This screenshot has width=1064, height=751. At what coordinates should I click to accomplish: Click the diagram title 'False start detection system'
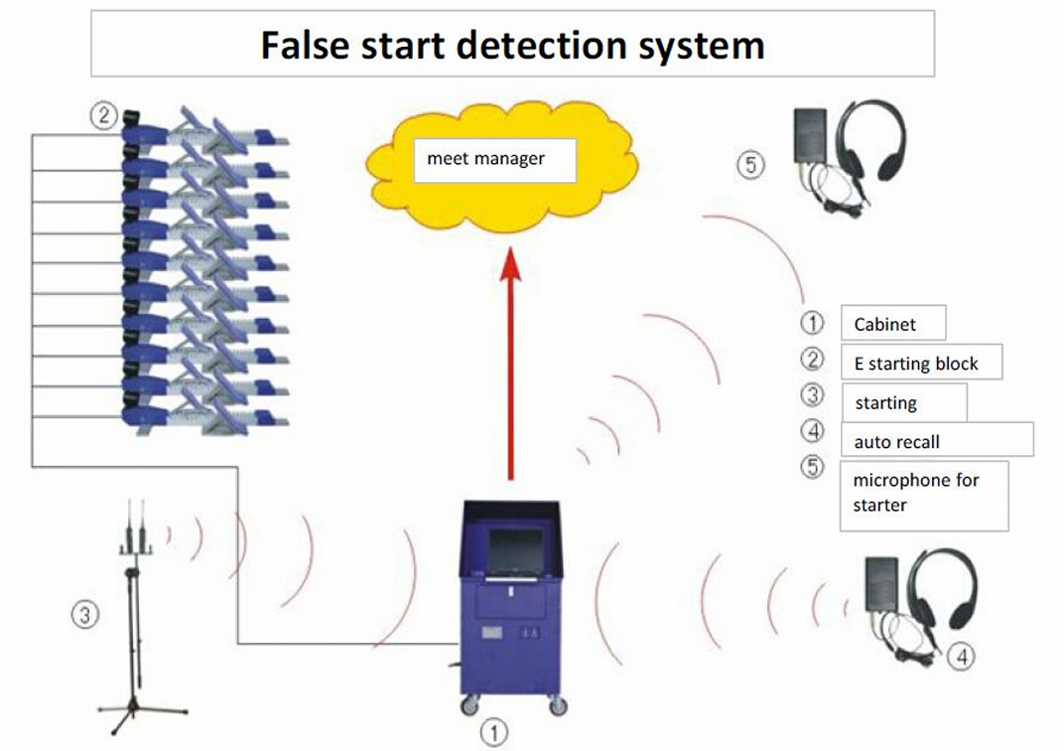pyautogui.click(x=512, y=45)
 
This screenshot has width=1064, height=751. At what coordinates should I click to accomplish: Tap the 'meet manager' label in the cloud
pyautogui.click(x=486, y=158)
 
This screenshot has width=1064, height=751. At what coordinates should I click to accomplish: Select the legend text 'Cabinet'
pyautogui.click(x=884, y=324)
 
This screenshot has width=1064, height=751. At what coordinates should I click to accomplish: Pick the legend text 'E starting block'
pyautogui.click(x=916, y=364)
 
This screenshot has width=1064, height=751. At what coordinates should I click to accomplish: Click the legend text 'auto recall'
pyautogui.click(x=896, y=441)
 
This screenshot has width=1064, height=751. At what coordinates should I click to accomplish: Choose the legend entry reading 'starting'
pyautogui.click(x=885, y=403)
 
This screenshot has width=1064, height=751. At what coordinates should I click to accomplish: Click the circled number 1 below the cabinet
pyautogui.click(x=493, y=732)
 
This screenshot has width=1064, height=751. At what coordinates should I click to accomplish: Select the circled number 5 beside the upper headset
pyautogui.click(x=751, y=164)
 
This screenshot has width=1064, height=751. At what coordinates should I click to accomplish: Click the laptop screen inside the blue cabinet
pyautogui.click(x=515, y=551)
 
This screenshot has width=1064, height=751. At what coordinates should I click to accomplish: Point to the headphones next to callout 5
pyautogui.click(x=872, y=139)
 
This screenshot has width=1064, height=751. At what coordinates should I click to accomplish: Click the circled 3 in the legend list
pyautogui.click(x=813, y=394)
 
